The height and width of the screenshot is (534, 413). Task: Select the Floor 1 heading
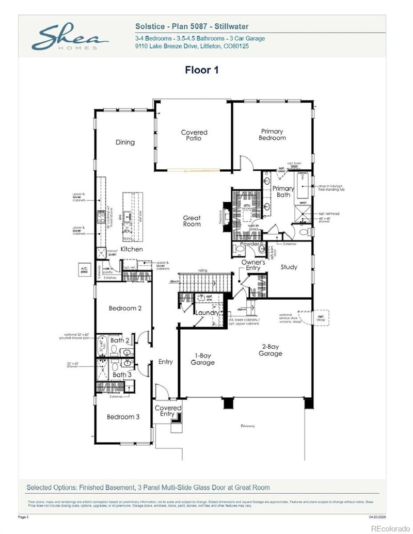[201, 70]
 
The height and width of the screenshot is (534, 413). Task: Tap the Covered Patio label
[194, 136]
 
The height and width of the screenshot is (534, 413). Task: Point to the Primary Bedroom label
[272, 135]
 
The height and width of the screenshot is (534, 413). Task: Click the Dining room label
[125, 142]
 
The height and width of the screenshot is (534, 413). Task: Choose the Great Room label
[192, 221]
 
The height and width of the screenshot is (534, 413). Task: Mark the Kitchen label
[132, 249]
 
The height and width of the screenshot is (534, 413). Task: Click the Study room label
[289, 267]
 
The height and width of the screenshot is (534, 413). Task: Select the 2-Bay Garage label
[271, 350]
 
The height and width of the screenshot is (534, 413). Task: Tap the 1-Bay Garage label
[202, 359]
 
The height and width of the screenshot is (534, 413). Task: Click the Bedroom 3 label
[123, 417]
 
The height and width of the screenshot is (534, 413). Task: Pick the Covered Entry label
[168, 411]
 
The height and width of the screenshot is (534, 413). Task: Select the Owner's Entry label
[253, 266]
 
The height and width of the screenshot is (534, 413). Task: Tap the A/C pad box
[84, 269]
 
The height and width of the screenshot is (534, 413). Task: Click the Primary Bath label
[283, 191]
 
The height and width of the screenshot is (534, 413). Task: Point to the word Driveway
[248, 426]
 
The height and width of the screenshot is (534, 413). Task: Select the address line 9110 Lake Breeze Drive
[192, 46]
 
